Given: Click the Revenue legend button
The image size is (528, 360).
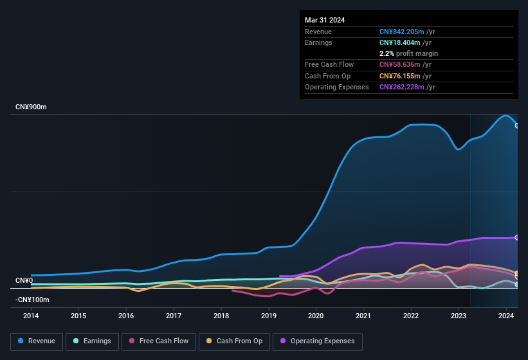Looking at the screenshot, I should tap(37, 341).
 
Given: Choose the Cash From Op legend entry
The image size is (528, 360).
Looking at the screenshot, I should tap(234, 341).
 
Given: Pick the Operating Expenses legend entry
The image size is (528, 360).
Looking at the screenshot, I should tap(318, 341).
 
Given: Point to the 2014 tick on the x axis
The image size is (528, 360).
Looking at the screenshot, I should tap(31, 316).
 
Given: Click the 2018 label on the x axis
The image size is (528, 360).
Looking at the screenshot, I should tap(221, 316).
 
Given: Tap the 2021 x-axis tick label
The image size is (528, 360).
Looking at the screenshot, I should tap(363, 316).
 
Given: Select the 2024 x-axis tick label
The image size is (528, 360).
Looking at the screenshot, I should tap(506, 316).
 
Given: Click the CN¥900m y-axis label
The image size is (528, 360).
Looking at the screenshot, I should tap(31, 107).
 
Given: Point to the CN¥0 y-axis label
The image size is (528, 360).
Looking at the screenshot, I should tap(24, 280).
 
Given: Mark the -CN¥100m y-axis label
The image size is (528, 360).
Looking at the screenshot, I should tap(32, 300).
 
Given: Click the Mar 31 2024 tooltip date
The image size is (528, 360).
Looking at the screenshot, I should tap(325, 20).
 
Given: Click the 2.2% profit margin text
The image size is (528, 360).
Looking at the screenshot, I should tap(408, 53).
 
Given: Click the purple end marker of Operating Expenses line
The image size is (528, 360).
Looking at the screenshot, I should tap(517, 237).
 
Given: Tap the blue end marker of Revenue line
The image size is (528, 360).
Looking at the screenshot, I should tap(517, 125).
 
